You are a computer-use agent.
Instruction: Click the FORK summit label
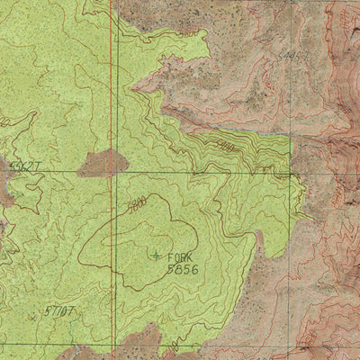point(180,256)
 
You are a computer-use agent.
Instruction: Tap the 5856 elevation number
point(183,268)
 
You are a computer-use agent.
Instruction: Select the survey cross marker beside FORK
point(157,256)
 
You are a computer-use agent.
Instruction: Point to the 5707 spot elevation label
point(58,310)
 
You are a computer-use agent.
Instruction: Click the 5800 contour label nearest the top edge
point(187,32)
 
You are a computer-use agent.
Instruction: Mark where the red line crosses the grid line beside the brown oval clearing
point(112,171)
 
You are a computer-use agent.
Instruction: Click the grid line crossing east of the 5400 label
point(295,171)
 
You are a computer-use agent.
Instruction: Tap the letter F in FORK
point(170,256)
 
